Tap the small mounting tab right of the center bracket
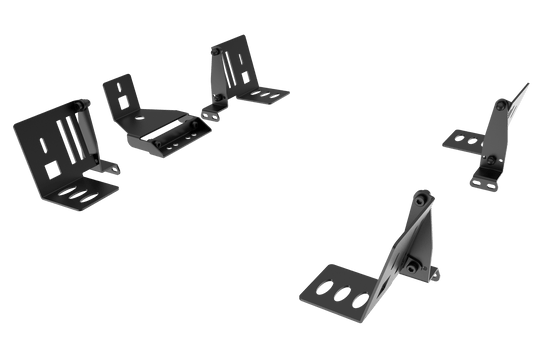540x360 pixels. (208, 117)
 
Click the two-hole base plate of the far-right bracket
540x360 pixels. (465, 140)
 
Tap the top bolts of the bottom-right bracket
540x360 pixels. (424, 199)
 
